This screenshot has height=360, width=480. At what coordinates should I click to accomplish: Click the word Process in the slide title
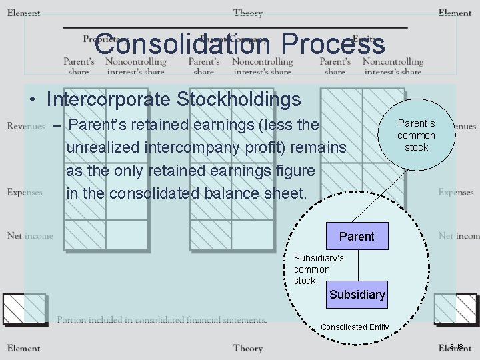(333, 45)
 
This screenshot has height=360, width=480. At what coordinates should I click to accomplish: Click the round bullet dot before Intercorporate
(32, 101)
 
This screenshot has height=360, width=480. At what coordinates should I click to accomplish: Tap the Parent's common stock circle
(416, 135)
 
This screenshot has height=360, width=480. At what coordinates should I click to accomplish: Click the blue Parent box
(357, 237)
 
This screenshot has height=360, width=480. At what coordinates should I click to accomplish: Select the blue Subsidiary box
(357, 294)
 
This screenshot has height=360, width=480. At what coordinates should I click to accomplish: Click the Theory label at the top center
(248, 13)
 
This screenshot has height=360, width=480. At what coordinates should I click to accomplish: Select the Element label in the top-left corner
(23, 13)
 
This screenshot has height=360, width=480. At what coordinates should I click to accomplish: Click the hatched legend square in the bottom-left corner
(23, 309)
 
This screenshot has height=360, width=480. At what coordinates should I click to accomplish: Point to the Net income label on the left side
(30, 235)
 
